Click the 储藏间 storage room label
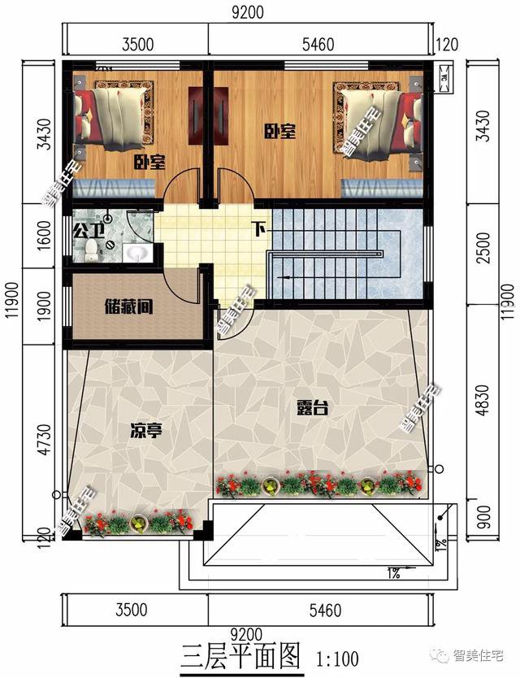(x=129, y=308)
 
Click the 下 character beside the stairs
(x=259, y=229)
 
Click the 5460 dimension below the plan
(x=318, y=610)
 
